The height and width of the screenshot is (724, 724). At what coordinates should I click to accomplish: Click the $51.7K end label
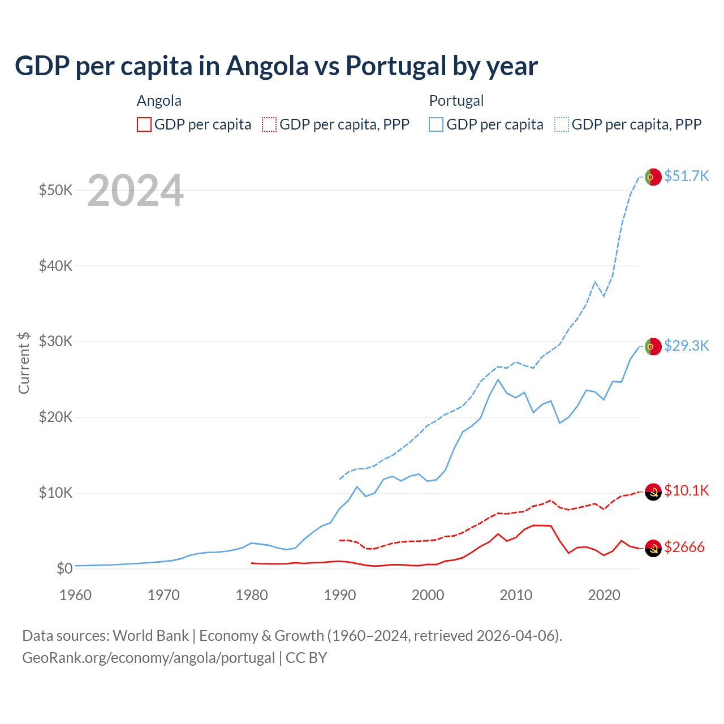tap(686, 176)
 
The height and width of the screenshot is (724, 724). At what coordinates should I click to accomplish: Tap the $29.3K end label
tap(686, 346)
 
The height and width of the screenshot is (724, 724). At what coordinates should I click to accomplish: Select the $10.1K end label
tap(686, 490)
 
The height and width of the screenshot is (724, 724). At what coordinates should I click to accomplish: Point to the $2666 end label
tap(684, 547)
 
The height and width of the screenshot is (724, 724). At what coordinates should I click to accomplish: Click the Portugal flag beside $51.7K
tap(653, 177)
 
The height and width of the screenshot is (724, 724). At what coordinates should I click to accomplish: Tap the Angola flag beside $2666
tap(653, 548)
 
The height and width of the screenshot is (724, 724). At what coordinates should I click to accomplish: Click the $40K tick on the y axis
tap(55, 266)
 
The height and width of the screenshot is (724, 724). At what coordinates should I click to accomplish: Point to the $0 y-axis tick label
tap(64, 568)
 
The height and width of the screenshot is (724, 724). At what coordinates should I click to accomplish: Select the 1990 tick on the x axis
tap(340, 595)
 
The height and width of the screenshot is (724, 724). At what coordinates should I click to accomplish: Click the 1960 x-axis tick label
tap(76, 595)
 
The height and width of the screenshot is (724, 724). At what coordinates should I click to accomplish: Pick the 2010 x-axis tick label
tap(516, 595)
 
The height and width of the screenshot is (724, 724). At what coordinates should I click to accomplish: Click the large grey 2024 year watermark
tap(135, 191)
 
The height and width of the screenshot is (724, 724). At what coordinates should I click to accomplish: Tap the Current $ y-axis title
tap(24, 363)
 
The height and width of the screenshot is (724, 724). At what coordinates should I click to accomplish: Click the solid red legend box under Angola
tap(144, 124)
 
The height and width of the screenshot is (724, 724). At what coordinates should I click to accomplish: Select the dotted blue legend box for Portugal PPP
tap(562, 124)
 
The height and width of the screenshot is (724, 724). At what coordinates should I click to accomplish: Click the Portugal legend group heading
tap(456, 101)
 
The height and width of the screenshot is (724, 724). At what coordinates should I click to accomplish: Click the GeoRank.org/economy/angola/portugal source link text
tap(148, 658)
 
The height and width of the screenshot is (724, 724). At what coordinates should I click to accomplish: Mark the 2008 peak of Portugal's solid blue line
tap(498, 380)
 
